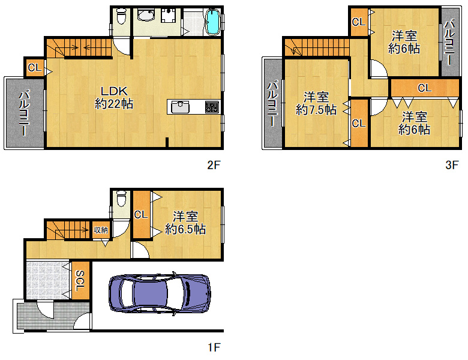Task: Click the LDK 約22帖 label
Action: click(114, 97)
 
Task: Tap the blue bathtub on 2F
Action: click(213, 22)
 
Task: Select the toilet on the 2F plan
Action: click(121, 16)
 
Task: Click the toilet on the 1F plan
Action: click(121, 198)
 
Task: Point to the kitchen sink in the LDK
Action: click(180, 107)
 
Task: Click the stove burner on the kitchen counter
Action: click(212, 107)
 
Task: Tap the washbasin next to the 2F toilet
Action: click(146, 15)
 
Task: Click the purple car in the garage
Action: click(160, 293)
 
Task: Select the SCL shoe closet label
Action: click(80, 281)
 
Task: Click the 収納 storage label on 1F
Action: click(101, 230)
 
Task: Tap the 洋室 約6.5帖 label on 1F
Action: click(185, 223)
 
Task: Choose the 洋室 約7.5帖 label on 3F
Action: click(316, 103)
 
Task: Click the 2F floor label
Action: click(214, 165)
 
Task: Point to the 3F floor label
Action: click(452, 165)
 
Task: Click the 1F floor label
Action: click(214, 347)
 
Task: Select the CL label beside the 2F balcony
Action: click(34, 68)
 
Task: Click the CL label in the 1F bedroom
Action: click(141, 214)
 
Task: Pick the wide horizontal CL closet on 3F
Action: click(425, 88)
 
